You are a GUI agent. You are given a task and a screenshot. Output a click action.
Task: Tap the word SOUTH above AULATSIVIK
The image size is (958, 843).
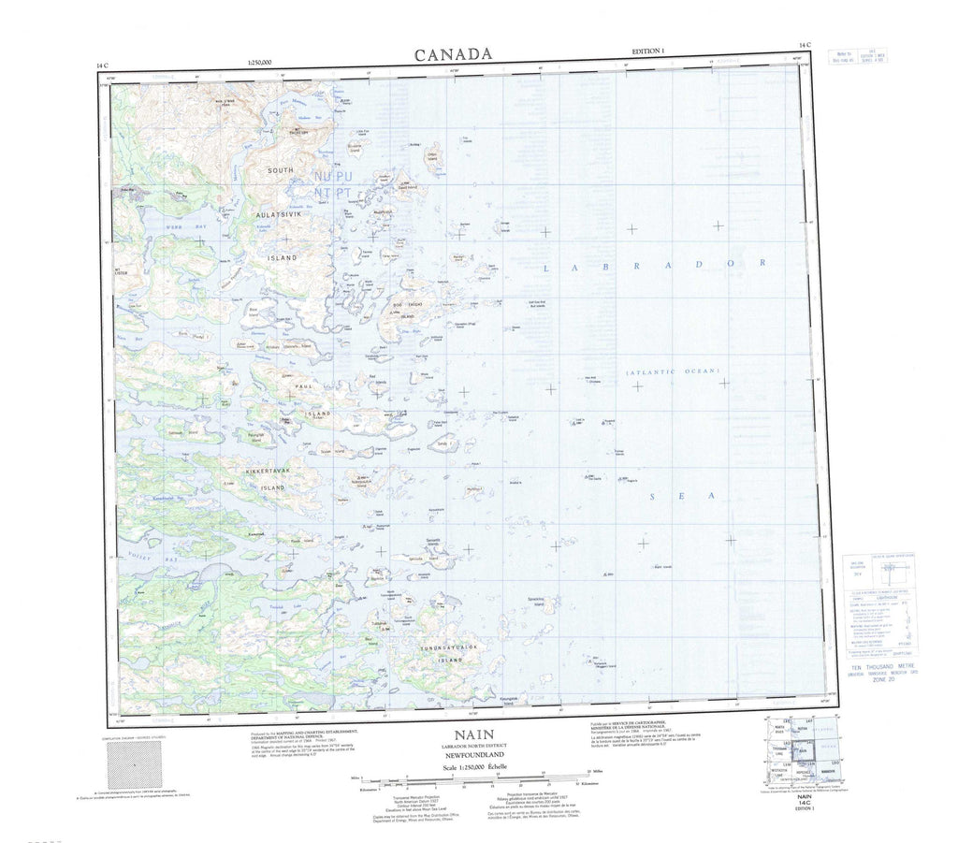click(x=280, y=171)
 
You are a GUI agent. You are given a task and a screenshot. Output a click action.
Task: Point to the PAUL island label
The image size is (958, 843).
click(x=303, y=385)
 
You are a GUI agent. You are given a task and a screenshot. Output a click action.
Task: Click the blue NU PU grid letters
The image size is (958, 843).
click(x=332, y=176)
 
